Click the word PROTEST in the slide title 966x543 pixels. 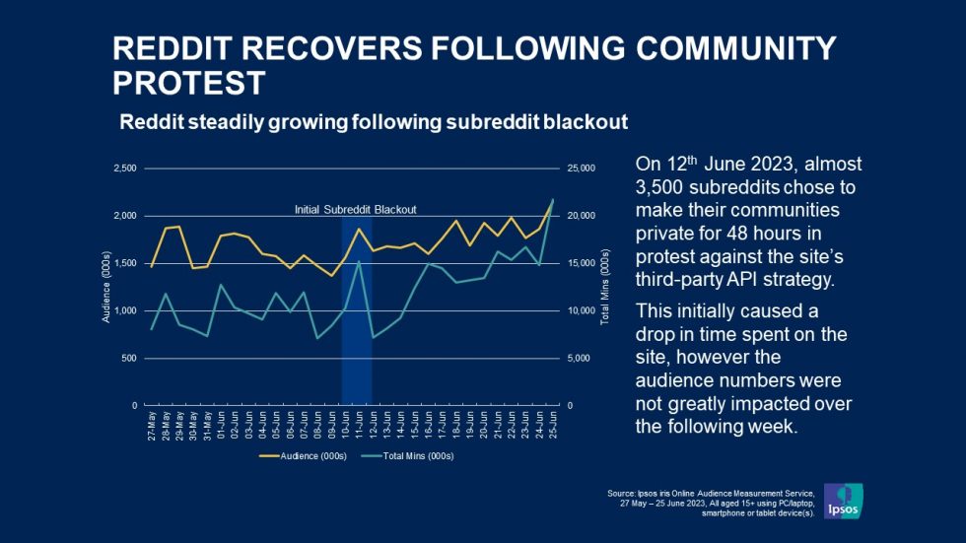click(189, 83)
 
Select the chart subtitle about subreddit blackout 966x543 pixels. click(374, 122)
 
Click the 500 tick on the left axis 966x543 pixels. click(127, 358)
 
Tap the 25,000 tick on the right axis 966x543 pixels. click(583, 169)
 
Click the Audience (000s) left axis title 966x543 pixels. click(105, 287)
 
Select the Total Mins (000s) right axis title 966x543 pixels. click(605, 287)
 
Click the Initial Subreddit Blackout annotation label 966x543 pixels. click(356, 210)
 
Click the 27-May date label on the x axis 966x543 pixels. click(151, 423)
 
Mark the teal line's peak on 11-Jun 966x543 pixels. click(360, 261)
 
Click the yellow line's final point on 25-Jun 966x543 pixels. click(552, 200)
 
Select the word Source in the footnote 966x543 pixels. click(622, 491)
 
